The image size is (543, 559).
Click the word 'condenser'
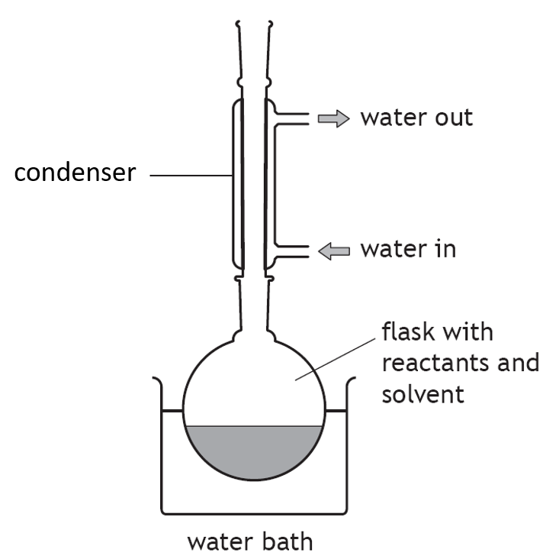(x=76, y=173)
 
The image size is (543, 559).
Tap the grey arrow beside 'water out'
(x=333, y=118)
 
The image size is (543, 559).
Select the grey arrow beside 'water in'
(x=333, y=251)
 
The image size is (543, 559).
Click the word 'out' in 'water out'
(x=454, y=118)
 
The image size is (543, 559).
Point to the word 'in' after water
(x=446, y=248)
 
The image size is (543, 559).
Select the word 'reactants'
(x=435, y=364)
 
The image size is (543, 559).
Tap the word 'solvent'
(x=423, y=394)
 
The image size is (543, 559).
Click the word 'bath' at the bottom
(x=288, y=541)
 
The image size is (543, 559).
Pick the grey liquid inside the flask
(x=254, y=451)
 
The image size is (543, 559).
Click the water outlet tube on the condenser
(x=292, y=119)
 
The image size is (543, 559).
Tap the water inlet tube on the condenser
(x=292, y=251)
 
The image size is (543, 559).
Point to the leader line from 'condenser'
(x=191, y=176)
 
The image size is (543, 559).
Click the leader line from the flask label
(x=335, y=360)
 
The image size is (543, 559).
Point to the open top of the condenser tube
(x=254, y=24)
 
